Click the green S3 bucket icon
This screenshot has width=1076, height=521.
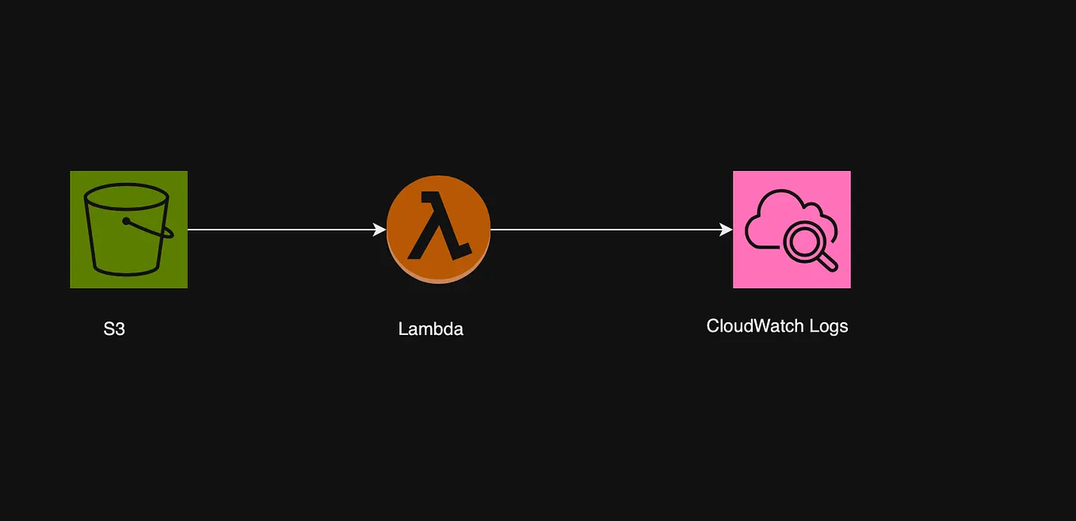[x=128, y=230]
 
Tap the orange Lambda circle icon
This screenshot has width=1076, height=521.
[x=438, y=229]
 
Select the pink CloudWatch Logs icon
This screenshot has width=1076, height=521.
[x=792, y=230]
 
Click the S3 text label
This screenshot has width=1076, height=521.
[x=114, y=329]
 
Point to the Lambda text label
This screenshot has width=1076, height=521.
[x=430, y=329]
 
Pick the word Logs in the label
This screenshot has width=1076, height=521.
[x=828, y=326]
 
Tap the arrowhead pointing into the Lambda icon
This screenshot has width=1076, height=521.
[x=380, y=230]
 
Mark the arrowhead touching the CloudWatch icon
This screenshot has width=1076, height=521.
[x=726, y=230]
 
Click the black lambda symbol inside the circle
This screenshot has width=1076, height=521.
[x=438, y=226]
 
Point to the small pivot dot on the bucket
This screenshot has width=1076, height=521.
[x=126, y=222]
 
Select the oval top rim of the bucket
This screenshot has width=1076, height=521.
[x=128, y=195]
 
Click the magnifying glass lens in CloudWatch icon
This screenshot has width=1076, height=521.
[x=802, y=240]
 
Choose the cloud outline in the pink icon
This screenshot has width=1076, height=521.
[x=773, y=207]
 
